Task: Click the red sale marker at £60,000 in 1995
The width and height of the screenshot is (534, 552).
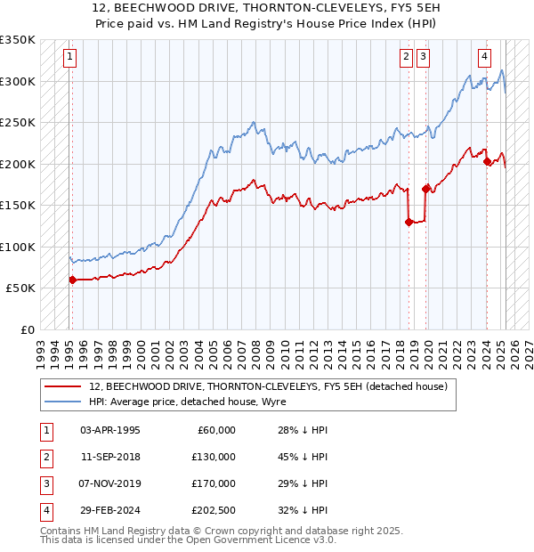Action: click(x=72, y=280)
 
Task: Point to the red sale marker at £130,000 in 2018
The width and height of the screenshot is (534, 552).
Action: click(x=409, y=223)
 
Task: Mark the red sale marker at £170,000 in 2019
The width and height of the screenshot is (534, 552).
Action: click(x=425, y=189)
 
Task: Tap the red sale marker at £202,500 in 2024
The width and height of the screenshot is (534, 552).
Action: click(x=487, y=161)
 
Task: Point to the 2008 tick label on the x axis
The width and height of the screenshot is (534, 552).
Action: click(x=255, y=346)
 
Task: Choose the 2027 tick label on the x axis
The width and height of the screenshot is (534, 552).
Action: click(x=528, y=346)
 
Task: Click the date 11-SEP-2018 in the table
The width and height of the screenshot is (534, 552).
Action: click(x=110, y=457)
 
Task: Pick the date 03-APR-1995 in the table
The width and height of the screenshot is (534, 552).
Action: click(x=110, y=430)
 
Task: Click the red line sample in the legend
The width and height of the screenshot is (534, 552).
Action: click(x=62, y=386)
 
